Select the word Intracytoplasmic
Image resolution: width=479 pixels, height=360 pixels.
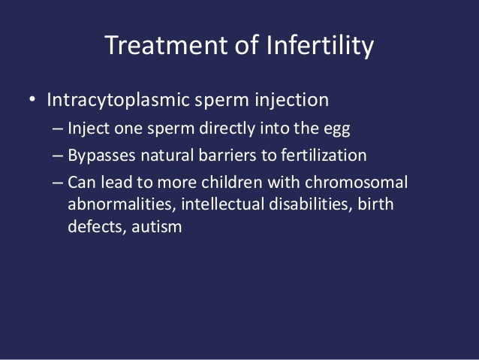(116, 100)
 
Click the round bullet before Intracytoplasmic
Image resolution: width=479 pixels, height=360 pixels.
(32, 101)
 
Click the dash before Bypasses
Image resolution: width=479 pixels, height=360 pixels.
(58, 156)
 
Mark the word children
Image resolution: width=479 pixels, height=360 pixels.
(252, 183)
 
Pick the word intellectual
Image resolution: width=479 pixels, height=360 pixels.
(215, 204)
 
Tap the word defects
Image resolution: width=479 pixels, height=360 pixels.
(92, 225)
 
